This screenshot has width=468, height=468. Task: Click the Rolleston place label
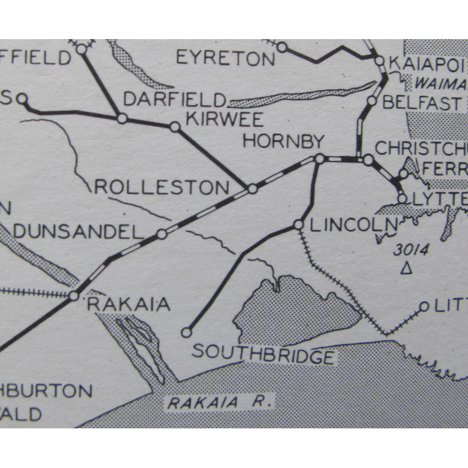162,187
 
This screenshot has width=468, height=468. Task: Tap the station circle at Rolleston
252,189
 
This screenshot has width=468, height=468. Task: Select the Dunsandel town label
78,232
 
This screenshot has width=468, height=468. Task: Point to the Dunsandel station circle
161,235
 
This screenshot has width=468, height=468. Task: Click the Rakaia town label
128,304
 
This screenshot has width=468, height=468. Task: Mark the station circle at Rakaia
74,296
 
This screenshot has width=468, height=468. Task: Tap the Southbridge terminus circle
187,332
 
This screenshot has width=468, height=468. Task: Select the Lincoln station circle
298,225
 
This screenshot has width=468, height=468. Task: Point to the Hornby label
283,142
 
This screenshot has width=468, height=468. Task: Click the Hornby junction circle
319,159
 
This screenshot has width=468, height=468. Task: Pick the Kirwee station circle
175,127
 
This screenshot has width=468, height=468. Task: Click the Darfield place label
175,99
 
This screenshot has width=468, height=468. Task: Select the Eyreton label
225,58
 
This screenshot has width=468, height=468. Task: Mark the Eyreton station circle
282,47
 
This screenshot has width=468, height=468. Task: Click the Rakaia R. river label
220,402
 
